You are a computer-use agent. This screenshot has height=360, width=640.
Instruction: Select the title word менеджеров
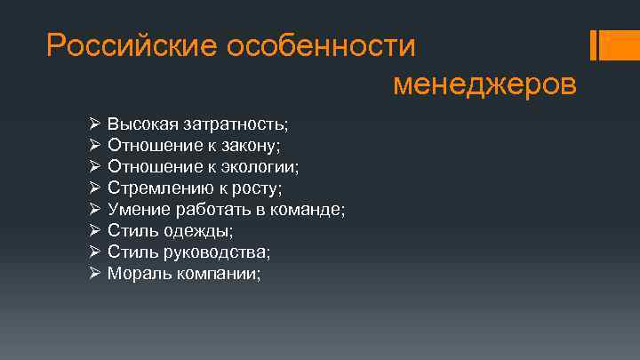pos(484,84)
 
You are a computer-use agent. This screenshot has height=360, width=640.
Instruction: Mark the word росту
pos(257,188)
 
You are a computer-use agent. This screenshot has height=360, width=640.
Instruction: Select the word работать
pos(212,209)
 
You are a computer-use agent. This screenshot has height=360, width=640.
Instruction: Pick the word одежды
pos(205,231)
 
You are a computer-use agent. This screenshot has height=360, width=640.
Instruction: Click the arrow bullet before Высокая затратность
pos(95,122)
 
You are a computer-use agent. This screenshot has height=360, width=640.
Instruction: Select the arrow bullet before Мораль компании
pos(95,274)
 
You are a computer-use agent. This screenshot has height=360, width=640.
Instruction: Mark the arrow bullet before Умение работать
pos(95,209)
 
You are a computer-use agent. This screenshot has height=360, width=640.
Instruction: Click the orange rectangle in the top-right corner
pos(619,46)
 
